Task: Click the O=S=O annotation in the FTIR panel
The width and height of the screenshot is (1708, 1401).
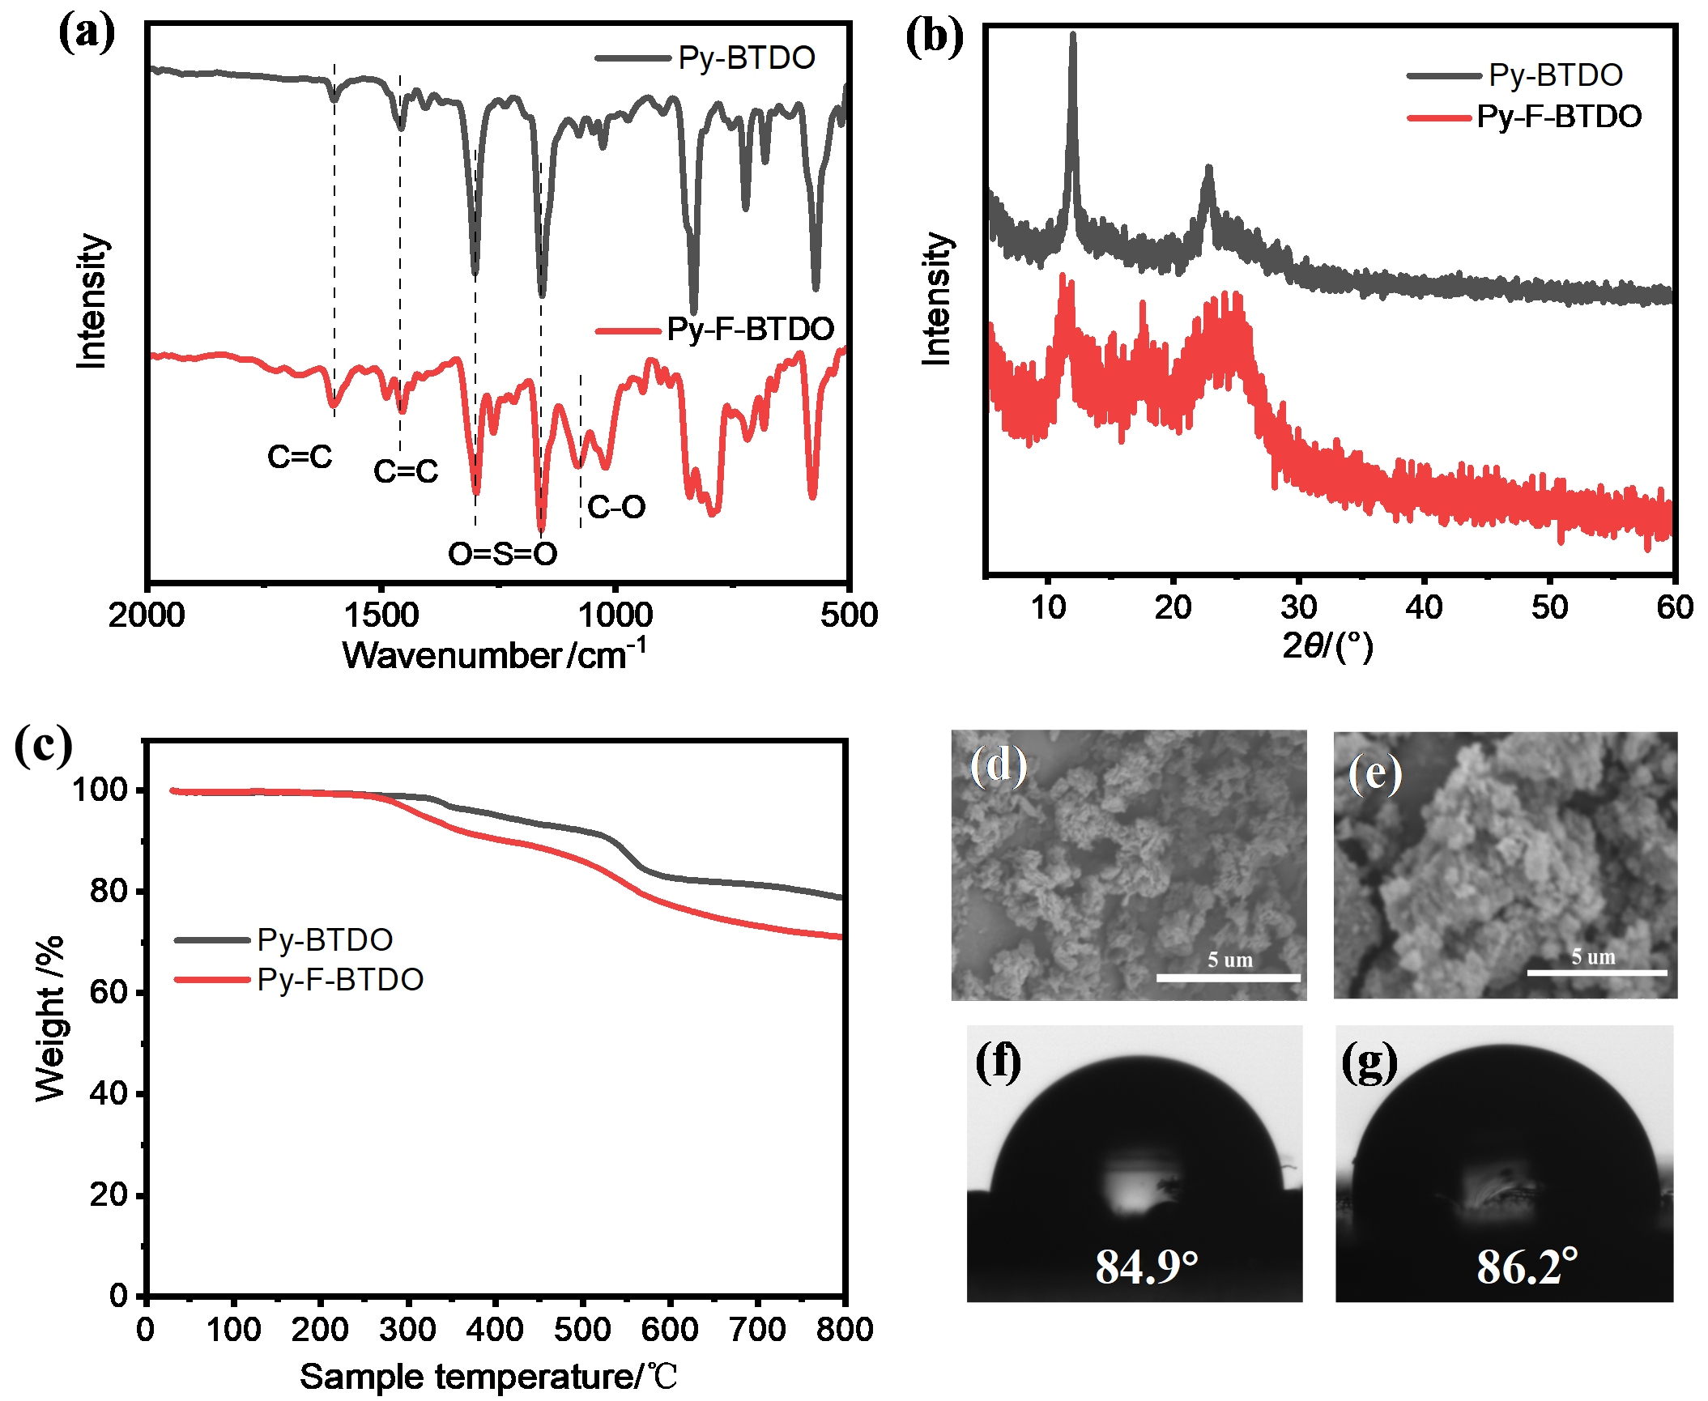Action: coord(502,554)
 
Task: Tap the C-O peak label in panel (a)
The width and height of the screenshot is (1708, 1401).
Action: coord(616,508)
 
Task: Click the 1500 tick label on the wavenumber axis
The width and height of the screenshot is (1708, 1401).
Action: coord(381,615)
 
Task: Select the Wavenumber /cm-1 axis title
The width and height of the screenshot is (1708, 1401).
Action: coord(493,654)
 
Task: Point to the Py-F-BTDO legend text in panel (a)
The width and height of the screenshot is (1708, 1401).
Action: coord(750,329)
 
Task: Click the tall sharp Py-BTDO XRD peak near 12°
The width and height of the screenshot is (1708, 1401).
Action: coord(1073,40)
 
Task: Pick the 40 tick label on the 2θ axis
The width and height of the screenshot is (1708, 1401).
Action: coord(1424,607)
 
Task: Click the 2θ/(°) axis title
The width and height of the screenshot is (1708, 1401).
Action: coord(1328,645)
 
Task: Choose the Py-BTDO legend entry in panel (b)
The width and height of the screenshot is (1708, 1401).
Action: coord(1555,75)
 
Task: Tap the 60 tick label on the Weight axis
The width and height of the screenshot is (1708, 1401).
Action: coord(109,992)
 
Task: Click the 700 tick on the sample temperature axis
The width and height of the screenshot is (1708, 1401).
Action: coord(757,1329)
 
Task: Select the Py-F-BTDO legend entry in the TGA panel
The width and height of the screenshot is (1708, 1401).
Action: coord(340,980)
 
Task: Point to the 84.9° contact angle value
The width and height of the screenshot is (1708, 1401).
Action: coord(1146,1267)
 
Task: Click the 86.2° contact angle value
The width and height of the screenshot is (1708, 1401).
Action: coord(1527,1267)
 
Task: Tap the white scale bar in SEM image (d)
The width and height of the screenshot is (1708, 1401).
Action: coord(1228,977)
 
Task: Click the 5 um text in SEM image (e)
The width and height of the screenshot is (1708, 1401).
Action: coord(1593,956)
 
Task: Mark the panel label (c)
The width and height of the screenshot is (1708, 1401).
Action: coord(43,745)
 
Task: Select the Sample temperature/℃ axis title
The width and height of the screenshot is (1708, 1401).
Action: coord(488,1376)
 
